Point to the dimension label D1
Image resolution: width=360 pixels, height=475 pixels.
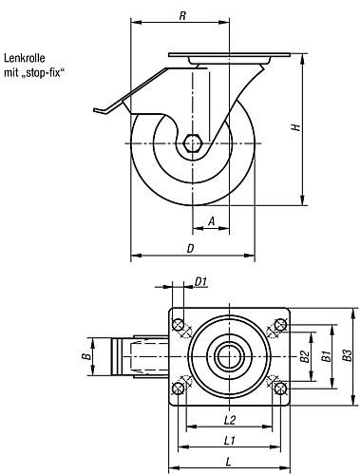(x=200, y=280)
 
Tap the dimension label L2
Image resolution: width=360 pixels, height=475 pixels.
(x=229, y=419)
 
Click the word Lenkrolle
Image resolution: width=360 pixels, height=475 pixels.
(x=26, y=57)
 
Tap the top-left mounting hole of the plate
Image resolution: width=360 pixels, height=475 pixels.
(x=179, y=328)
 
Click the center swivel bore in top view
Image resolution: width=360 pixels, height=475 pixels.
(x=229, y=357)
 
